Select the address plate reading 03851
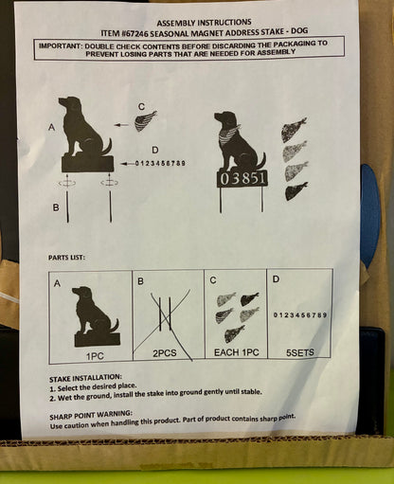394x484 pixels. pos(242,178)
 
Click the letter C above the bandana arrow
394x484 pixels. pos(140,106)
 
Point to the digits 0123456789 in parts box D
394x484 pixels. pos(300,314)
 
